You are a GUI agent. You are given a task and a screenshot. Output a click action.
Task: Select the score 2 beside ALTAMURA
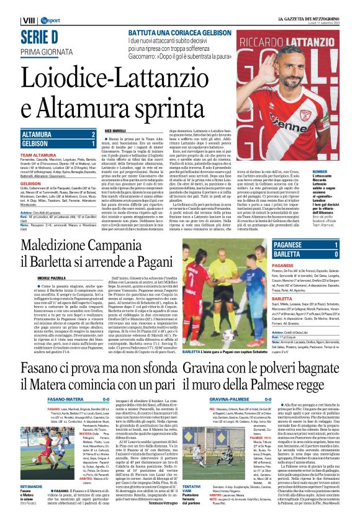click(x=92, y=134)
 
